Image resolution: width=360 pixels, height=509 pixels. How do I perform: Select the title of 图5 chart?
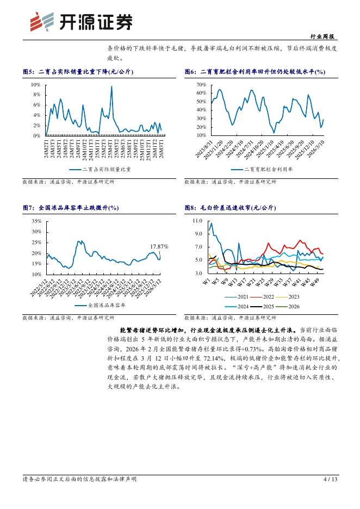coord(78,71)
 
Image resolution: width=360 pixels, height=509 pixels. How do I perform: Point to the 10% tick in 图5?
coord(35,85)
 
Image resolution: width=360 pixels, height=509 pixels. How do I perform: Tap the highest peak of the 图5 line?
coord(111,86)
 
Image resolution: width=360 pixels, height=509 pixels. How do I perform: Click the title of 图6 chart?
coord(255,71)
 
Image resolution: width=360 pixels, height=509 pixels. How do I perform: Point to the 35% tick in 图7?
coord(36,221)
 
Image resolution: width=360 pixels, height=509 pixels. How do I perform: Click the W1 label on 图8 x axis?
coord(206,281)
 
